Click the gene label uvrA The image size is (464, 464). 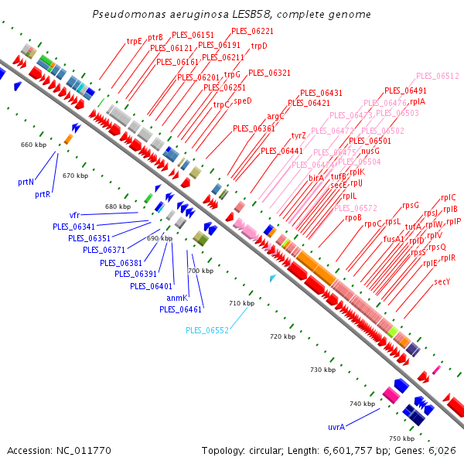(336, 426)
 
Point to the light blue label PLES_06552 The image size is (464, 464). (207, 330)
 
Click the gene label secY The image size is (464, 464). (442, 281)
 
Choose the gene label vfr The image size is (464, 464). (74, 214)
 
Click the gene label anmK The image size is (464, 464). (177, 298)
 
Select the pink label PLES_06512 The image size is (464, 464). (438, 76)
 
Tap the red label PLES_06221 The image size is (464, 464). (252, 31)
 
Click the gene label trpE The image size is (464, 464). (135, 41)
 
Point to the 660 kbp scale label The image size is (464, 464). (33, 145)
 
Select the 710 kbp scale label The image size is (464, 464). (242, 303)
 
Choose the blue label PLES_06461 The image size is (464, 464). (181, 309)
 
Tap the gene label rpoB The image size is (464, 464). (353, 217)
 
